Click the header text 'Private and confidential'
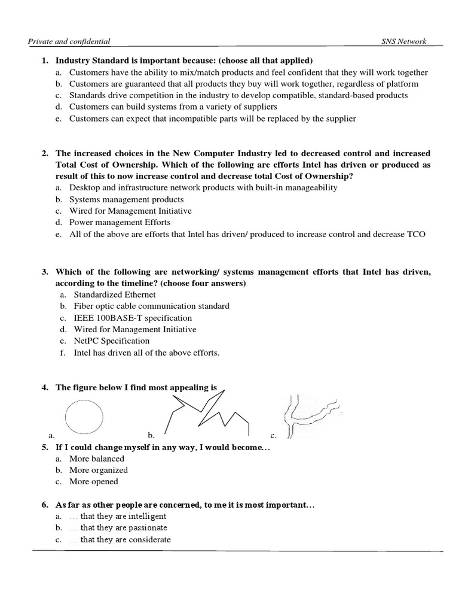click(69, 41)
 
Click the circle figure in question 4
click(83, 416)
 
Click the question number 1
click(44, 60)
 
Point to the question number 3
click(44, 272)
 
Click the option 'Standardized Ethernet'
click(115, 295)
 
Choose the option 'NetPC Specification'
click(111, 341)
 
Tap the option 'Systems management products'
click(126, 199)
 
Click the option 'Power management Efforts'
click(120, 222)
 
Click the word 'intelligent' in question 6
click(146, 516)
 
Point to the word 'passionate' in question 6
click(146, 528)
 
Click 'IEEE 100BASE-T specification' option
click(133, 318)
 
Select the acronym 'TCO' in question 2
click(415, 234)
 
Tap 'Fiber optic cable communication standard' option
click(151, 306)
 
